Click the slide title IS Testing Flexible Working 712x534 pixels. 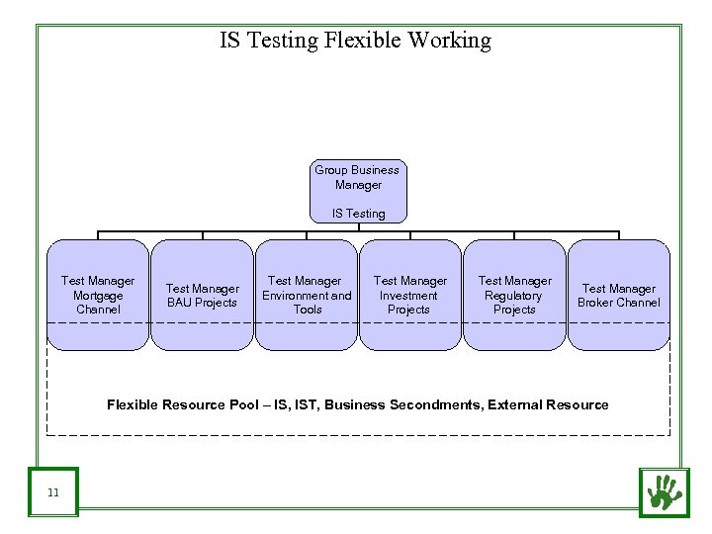[355, 41]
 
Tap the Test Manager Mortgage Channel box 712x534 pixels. [98, 295]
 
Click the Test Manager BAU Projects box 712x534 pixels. [202, 295]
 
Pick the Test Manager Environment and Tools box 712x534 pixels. [307, 295]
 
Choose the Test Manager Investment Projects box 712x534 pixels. [409, 295]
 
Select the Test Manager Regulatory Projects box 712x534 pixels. [514, 295]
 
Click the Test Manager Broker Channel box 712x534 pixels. [618, 295]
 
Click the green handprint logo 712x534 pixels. [663, 491]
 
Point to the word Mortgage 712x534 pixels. [98, 296]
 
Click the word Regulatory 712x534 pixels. [514, 296]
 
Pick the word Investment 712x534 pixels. [408, 296]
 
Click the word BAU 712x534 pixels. [179, 303]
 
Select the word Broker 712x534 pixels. [596, 303]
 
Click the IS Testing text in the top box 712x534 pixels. [358, 214]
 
